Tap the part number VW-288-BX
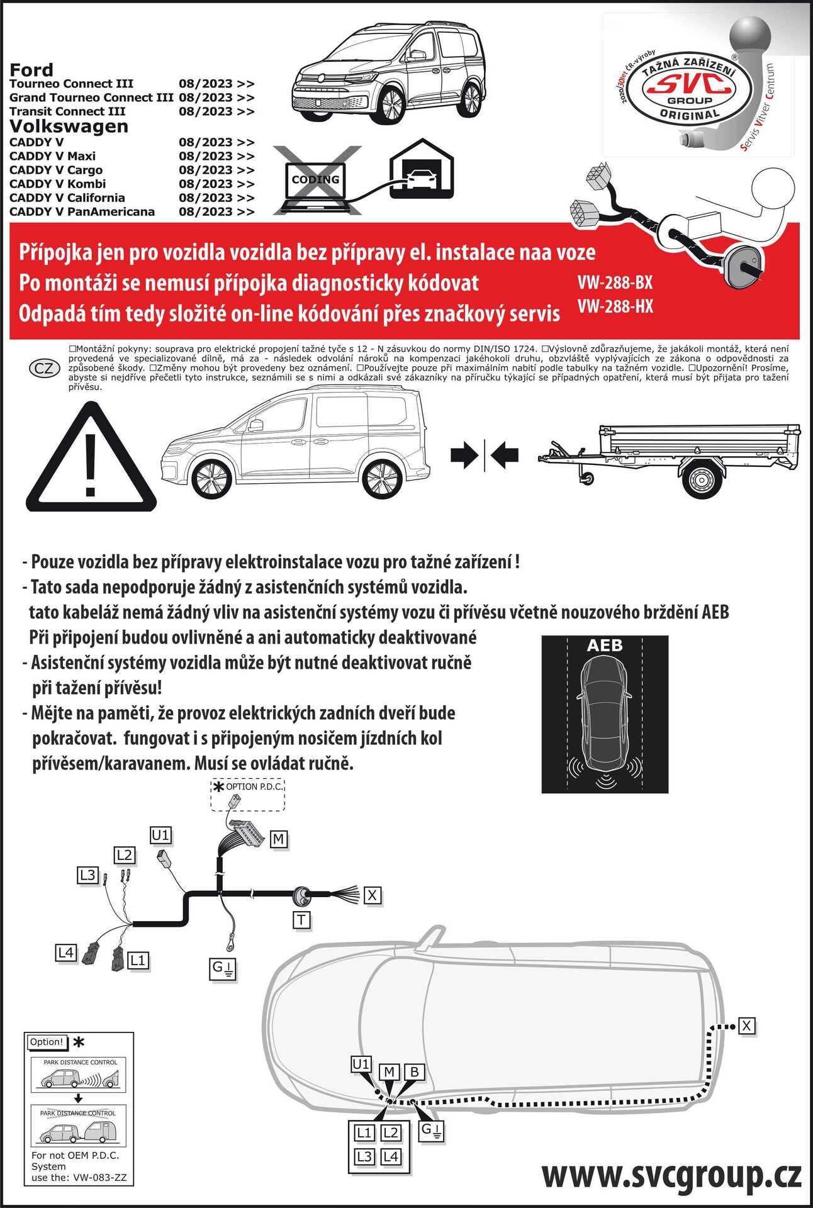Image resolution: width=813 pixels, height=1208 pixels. click(615, 282)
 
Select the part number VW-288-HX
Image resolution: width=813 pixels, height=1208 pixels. click(615, 306)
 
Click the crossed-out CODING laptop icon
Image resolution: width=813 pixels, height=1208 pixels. click(316, 180)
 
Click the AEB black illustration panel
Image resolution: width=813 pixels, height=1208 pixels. click(605, 713)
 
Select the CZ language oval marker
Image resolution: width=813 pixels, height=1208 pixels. click(44, 368)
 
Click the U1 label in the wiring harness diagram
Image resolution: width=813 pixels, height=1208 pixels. click(160, 835)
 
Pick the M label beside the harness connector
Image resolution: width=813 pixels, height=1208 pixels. click(279, 839)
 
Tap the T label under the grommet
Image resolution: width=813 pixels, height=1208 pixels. click(302, 920)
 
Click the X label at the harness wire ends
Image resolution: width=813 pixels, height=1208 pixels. click(373, 895)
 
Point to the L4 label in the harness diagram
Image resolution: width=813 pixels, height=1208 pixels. click(65, 953)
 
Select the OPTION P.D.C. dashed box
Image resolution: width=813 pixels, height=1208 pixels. click(248, 795)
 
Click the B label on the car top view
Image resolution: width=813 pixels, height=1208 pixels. click(415, 1072)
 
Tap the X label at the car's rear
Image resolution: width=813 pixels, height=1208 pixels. click(746, 1026)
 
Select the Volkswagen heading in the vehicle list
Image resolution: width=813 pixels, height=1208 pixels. click(69, 126)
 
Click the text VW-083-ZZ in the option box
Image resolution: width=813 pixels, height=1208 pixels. click(100, 1177)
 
